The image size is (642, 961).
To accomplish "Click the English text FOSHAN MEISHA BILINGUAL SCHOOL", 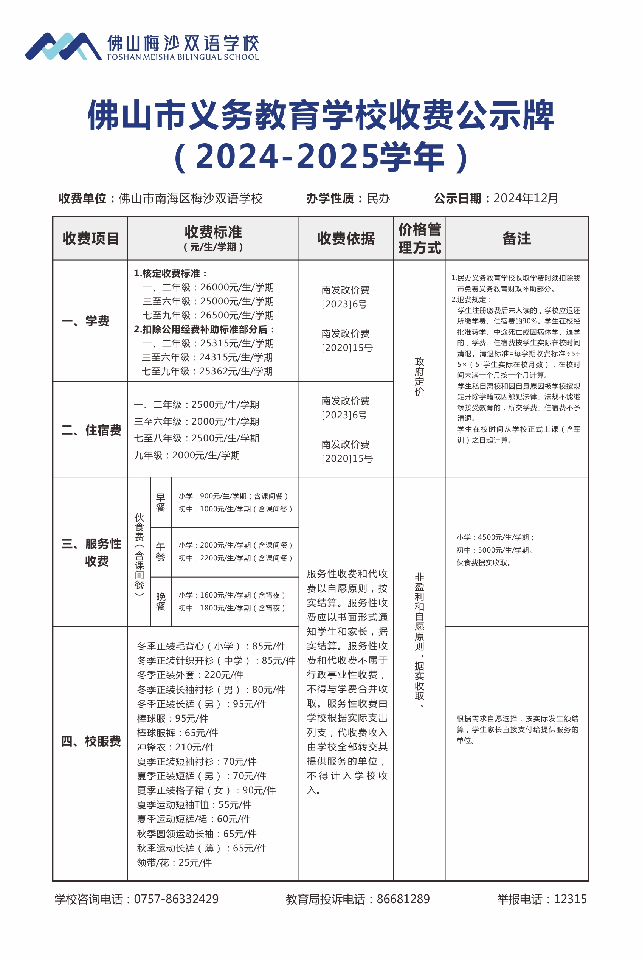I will (x=183, y=57).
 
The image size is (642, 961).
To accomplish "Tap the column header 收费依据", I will (x=346, y=238).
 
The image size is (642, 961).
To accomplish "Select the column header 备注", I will (x=516, y=238).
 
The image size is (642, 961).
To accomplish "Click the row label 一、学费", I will (x=85, y=321).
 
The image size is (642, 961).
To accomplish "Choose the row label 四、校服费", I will (x=91, y=741).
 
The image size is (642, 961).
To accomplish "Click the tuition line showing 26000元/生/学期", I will (x=208, y=287).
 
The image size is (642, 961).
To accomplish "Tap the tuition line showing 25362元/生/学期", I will (x=207, y=371).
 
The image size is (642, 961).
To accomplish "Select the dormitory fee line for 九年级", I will (x=187, y=455).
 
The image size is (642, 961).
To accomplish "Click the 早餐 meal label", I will (x=160, y=502).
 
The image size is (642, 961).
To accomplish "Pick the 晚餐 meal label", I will (x=160, y=601).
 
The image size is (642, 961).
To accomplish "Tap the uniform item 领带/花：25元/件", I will (x=174, y=862).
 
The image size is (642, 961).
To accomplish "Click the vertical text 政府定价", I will (x=419, y=376).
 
